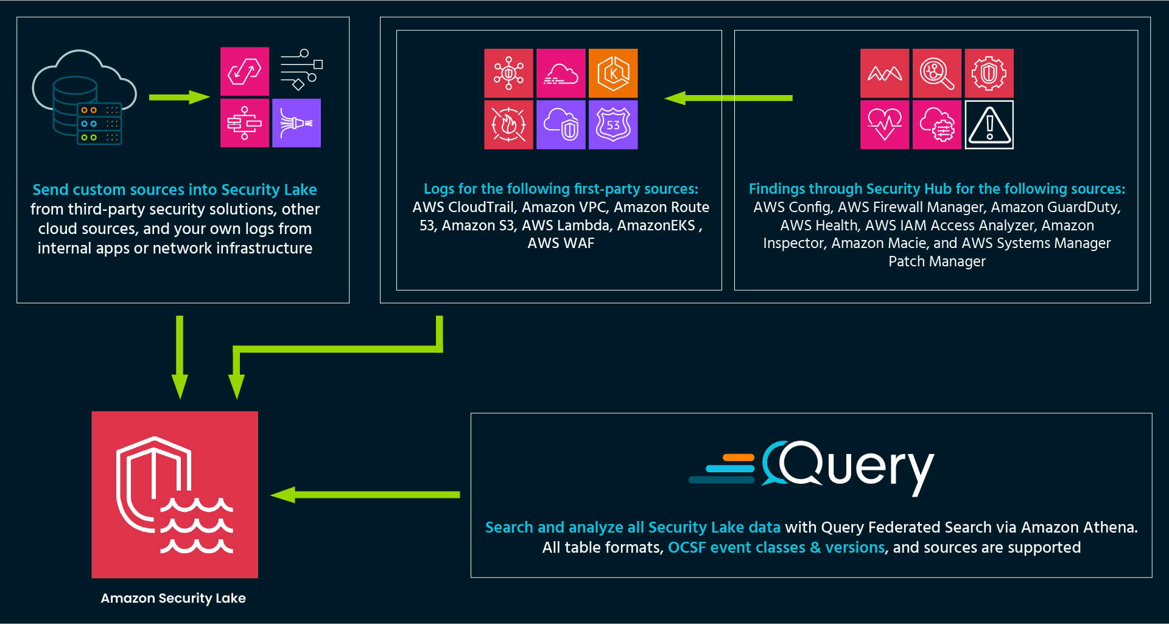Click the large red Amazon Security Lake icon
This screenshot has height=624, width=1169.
click(175, 494)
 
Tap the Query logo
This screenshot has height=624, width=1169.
click(812, 468)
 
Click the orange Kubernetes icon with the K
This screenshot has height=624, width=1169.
click(613, 73)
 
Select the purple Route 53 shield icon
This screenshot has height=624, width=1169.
click(613, 125)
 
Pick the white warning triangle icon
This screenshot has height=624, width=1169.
click(989, 125)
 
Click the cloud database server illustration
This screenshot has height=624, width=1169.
click(82, 97)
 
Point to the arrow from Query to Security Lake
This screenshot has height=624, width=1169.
click(365, 495)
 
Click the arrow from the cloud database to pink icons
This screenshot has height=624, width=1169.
click(179, 97)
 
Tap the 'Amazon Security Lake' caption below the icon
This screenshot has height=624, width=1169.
click(174, 598)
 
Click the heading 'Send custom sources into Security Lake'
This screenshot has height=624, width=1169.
click(175, 190)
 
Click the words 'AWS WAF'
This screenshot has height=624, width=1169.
click(561, 243)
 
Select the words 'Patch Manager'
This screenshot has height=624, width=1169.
click(936, 261)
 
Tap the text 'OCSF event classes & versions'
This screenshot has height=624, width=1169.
click(776, 547)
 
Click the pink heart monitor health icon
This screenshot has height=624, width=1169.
click(885, 125)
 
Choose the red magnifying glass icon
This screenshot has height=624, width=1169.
click(937, 73)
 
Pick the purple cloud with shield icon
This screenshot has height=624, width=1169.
click(561, 125)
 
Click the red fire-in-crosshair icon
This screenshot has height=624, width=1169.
click(508, 125)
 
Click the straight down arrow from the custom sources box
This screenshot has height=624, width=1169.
click(180, 356)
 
